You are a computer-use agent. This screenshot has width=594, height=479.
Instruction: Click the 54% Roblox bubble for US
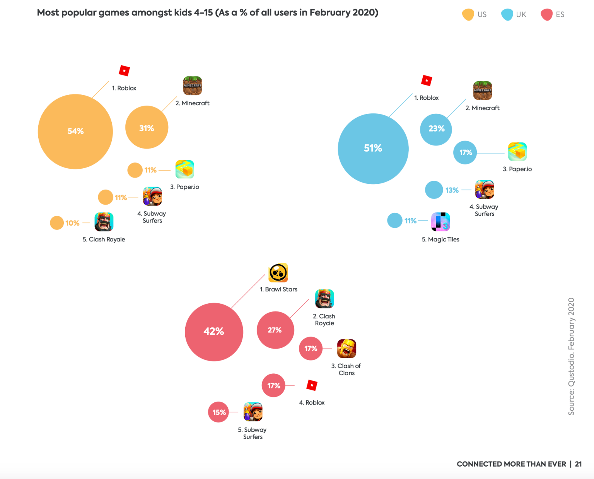pyautogui.click(x=75, y=132)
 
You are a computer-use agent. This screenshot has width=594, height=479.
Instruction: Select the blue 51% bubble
pyautogui.click(x=373, y=149)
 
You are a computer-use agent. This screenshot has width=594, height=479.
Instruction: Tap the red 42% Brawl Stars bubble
pyautogui.click(x=214, y=332)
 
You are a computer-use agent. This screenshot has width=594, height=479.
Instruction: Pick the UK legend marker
pyautogui.click(x=507, y=15)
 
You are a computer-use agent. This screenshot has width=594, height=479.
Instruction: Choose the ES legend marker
pyautogui.click(x=546, y=15)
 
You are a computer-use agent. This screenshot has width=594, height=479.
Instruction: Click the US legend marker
pyautogui.click(x=468, y=15)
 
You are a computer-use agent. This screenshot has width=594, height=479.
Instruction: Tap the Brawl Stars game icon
pyautogui.click(x=278, y=273)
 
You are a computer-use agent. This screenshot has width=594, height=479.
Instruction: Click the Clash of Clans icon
pyautogui.click(x=346, y=349)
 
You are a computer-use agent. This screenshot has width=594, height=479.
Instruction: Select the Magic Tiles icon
pyautogui.click(x=440, y=222)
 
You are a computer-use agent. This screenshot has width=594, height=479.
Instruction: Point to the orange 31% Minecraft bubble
pyautogui.click(x=147, y=127)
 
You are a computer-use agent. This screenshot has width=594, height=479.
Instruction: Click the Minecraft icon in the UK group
pyautogui.click(x=482, y=91)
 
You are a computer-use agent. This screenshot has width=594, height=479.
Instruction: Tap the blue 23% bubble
pyautogui.click(x=436, y=129)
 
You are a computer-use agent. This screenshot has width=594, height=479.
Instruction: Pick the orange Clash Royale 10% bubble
pyautogui.click(x=57, y=223)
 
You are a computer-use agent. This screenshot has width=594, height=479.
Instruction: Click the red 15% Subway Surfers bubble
pyautogui.click(x=218, y=412)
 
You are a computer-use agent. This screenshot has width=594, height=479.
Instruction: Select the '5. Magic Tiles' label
pyautogui.click(x=440, y=240)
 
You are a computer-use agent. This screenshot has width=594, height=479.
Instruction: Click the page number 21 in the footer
pyautogui.click(x=578, y=464)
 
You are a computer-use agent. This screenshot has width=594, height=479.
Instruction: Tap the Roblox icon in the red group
pyautogui.click(x=312, y=385)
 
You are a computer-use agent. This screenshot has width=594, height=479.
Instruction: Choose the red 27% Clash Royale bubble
pyautogui.click(x=275, y=330)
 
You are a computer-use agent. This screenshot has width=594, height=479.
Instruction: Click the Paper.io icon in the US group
pyautogui.click(x=184, y=169)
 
